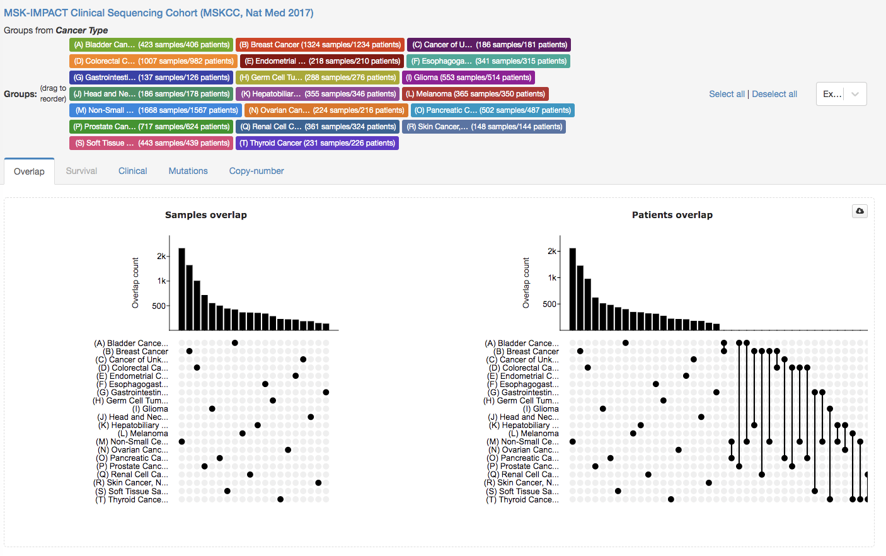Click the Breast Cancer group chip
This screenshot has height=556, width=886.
tap(319, 45)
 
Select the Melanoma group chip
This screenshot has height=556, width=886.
tap(475, 94)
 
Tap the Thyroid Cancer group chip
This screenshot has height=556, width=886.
tap(317, 143)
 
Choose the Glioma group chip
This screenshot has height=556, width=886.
tap(468, 78)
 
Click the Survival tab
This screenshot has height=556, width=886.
tap(81, 171)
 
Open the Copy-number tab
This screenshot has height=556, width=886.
tap(256, 171)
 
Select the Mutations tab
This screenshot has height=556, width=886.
tap(188, 171)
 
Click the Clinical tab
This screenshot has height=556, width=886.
tap(132, 171)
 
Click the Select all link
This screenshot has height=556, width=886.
tap(727, 94)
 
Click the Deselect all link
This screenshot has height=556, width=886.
tap(774, 94)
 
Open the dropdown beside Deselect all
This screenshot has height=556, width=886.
tap(841, 94)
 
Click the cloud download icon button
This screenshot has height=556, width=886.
tap(860, 211)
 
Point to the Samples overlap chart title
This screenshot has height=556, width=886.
tap(206, 215)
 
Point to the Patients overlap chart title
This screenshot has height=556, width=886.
tap(672, 215)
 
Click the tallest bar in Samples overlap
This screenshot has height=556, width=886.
tap(181, 289)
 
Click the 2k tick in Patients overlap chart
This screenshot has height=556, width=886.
tap(551, 251)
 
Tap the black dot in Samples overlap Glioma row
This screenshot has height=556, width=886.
tap(212, 408)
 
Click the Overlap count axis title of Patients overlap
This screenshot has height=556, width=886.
tap(526, 283)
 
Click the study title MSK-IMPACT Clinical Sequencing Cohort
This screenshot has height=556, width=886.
tap(159, 13)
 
